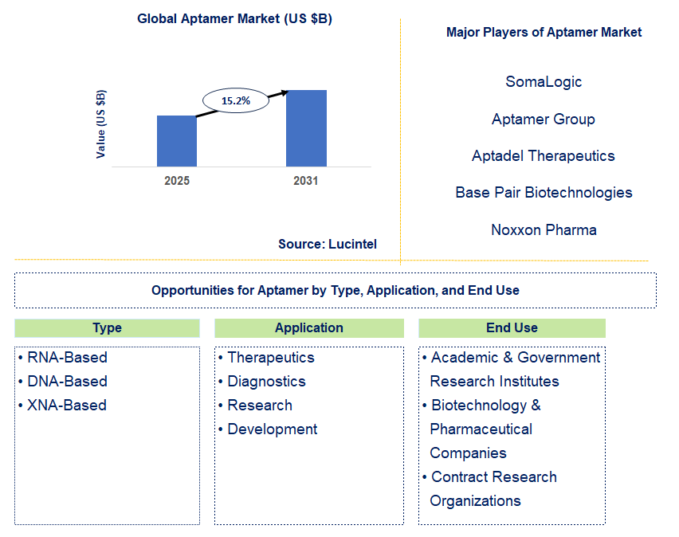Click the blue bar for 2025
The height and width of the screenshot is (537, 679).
point(176,141)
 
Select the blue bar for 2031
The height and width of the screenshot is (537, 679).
point(306,128)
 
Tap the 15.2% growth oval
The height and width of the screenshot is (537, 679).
point(235,101)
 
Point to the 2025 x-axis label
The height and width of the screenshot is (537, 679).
point(177,181)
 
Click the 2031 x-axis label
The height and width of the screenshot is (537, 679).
point(305,181)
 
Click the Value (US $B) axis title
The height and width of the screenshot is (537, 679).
point(100,123)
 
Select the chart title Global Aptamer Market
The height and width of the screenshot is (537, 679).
point(234,19)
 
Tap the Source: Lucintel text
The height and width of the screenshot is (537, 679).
point(328,244)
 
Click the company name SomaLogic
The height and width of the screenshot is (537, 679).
point(544,81)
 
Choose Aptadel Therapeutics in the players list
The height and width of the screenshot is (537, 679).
point(544,155)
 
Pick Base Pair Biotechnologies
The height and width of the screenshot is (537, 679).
point(544,192)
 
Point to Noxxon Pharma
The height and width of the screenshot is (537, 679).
point(544,229)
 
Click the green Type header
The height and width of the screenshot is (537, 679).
point(107,328)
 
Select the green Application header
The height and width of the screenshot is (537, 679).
point(309,328)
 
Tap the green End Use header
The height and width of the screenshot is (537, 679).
point(512,328)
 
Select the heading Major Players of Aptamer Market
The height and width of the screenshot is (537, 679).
point(544,33)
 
